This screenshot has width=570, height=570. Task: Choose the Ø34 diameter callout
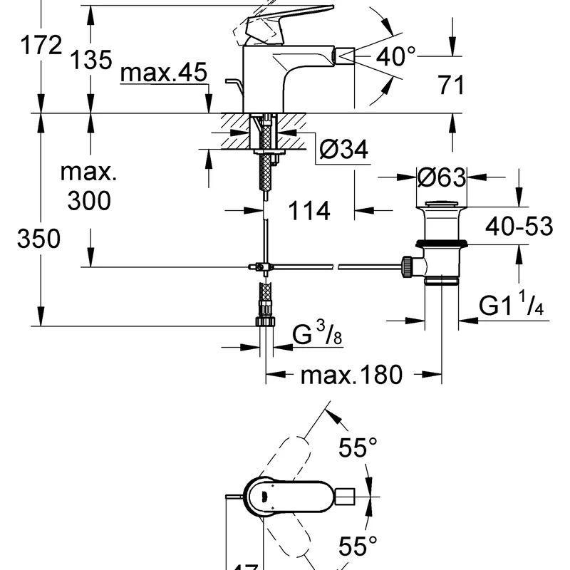tap(343, 150)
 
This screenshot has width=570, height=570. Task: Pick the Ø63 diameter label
tap(442, 177)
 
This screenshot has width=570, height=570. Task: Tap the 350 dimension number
tap(39, 239)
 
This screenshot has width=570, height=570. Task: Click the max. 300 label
tap(88, 187)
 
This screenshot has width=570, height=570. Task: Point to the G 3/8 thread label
tap(318, 333)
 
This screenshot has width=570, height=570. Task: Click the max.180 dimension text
tap(352, 374)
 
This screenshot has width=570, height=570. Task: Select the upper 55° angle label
tap(358, 448)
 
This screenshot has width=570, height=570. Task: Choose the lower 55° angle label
tap(358, 547)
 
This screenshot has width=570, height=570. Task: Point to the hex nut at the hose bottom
tap(265, 321)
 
